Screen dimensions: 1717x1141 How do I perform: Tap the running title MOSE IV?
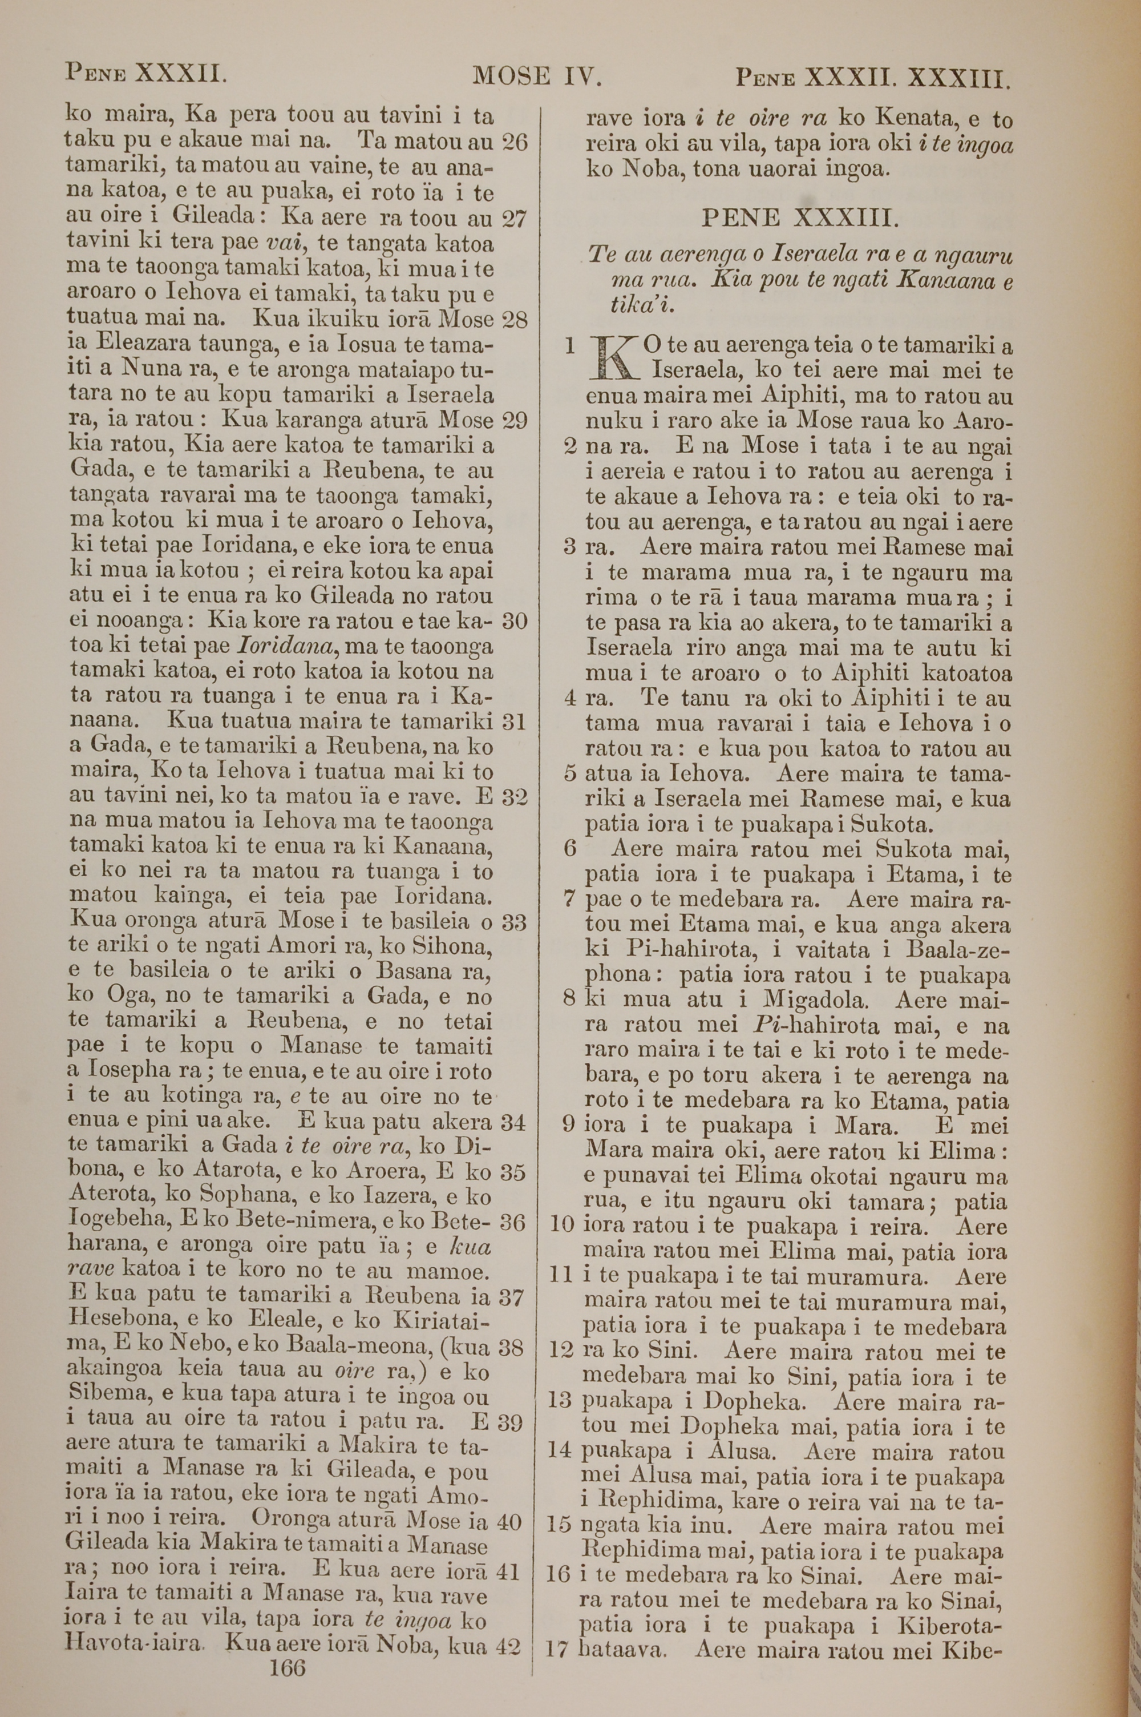(536, 76)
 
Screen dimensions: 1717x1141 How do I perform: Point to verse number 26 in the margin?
(514, 142)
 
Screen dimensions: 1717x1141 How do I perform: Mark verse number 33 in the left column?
(514, 923)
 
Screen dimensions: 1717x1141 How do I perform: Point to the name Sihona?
(452, 948)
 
